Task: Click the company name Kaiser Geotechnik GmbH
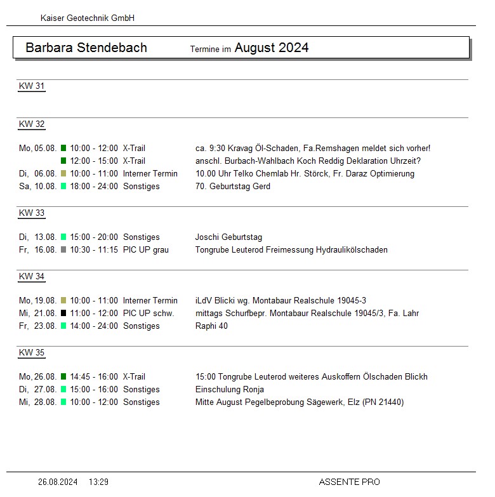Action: click(x=87, y=18)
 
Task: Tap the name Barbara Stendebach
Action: click(x=86, y=48)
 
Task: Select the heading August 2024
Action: click(x=272, y=48)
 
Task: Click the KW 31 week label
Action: click(x=32, y=86)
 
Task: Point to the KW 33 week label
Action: click(x=32, y=213)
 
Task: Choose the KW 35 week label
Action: click(x=32, y=353)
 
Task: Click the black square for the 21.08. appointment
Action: click(x=63, y=314)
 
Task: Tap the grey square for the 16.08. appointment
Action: click(x=63, y=250)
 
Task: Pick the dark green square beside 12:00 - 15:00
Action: click(x=63, y=161)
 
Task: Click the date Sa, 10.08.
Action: click(x=37, y=187)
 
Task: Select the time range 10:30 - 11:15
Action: click(x=94, y=250)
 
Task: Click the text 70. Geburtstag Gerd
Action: click(x=233, y=187)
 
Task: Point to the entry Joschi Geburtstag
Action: click(x=228, y=237)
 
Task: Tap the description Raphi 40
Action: click(x=211, y=326)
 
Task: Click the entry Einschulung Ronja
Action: click(x=230, y=390)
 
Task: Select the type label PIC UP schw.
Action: click(x=148, y=314)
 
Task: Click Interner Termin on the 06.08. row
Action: click(x=150, y=174)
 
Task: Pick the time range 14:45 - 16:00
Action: click(x=94, y=377)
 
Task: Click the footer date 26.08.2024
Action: click(x=58, y=482)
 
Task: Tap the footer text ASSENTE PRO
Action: click(x=349, y=482)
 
